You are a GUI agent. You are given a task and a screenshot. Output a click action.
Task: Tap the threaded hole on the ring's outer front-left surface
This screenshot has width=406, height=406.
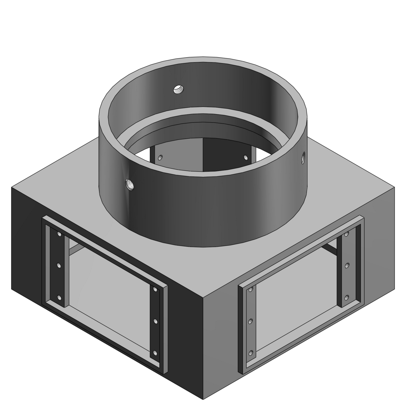(130, 185)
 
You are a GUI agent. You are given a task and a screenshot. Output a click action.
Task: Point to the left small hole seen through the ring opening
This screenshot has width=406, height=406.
(161, 157)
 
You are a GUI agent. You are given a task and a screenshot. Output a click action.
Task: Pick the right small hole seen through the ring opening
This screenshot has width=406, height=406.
(246, 157)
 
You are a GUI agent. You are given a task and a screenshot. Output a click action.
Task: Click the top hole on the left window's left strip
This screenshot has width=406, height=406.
(59, 234)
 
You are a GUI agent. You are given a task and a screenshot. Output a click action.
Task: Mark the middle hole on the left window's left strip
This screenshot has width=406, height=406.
(59, 265)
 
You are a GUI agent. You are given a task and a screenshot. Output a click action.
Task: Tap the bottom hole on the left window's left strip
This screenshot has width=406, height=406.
(59, 298)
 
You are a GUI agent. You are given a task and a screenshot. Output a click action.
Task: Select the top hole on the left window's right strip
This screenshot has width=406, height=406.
(155, 290)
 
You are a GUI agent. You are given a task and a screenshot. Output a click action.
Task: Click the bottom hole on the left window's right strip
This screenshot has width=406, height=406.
(155, 353)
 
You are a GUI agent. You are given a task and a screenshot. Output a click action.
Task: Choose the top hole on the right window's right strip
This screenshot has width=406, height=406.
(347, 234)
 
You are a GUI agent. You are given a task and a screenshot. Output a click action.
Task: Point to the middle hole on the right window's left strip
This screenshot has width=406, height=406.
(251, 321)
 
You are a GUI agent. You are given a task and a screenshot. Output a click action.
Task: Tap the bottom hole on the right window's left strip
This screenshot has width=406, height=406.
(251, 353)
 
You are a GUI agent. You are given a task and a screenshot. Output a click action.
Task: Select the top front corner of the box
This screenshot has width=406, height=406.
(203, 298)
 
